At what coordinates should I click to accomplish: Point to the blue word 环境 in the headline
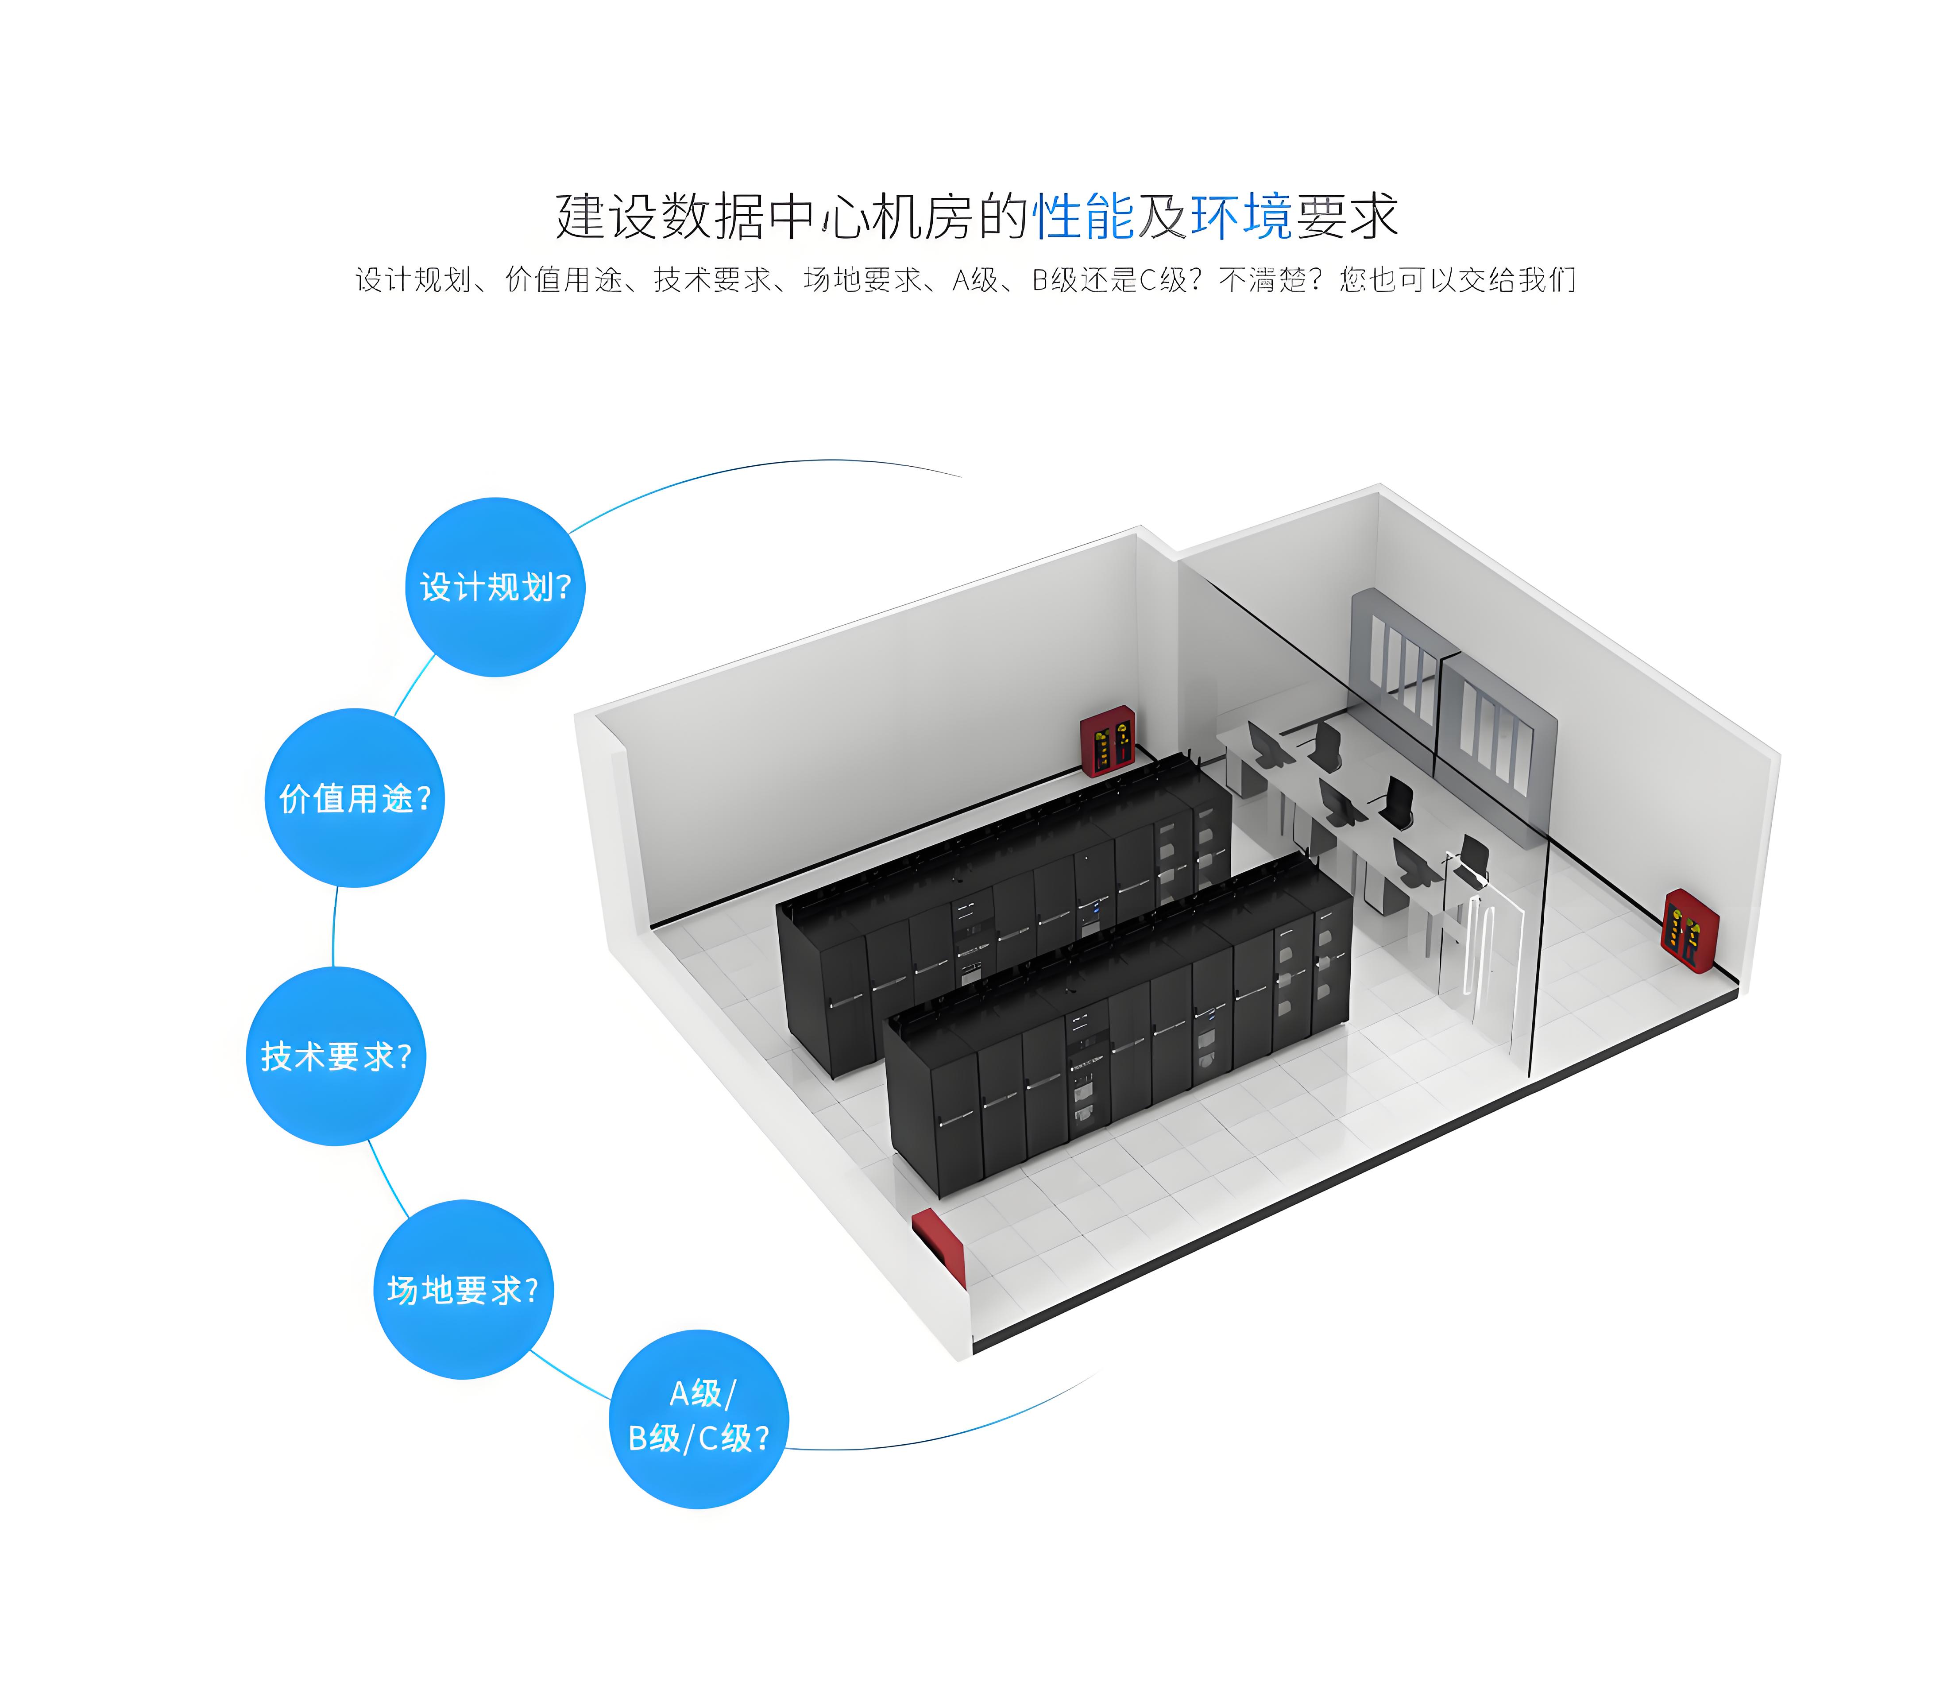(x=1242, y=216)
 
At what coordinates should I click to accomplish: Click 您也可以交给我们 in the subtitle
(x=1458, y=279)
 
